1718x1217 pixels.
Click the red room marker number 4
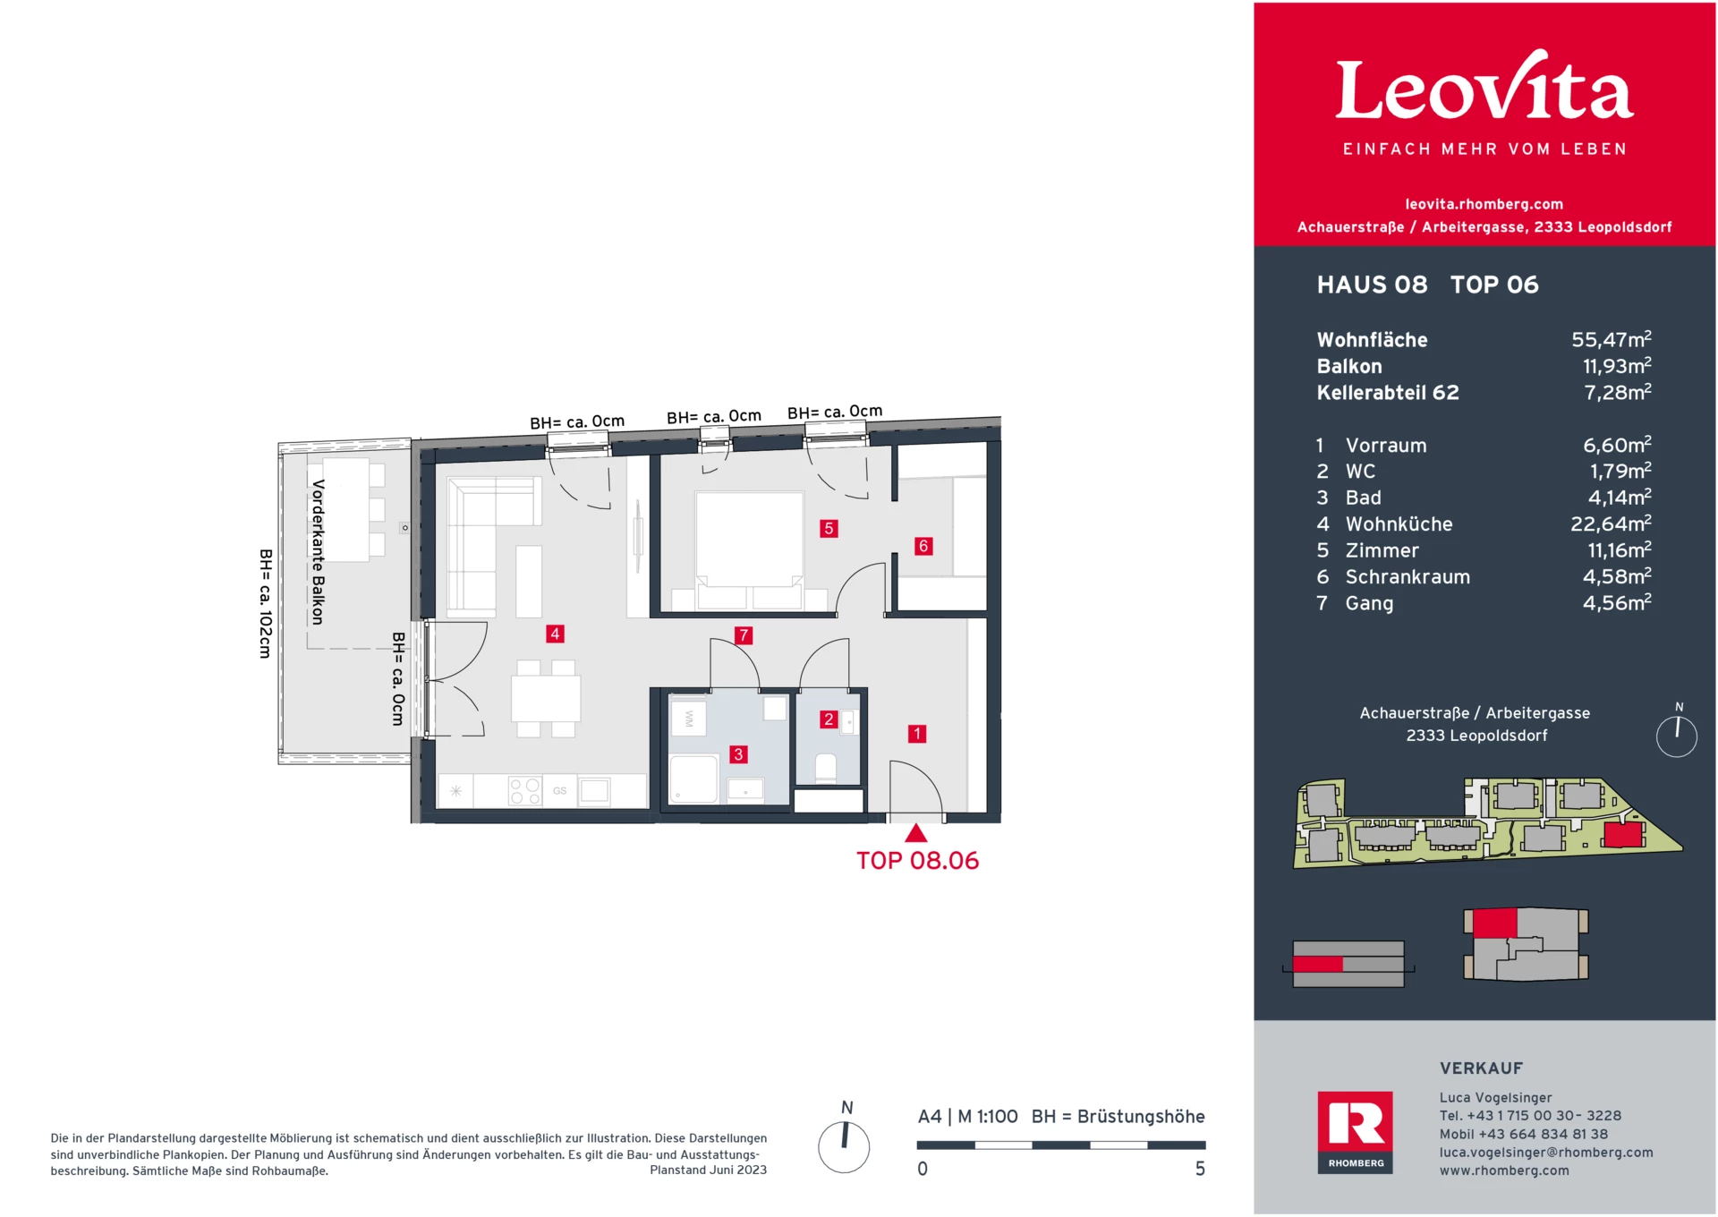tap(555, 634)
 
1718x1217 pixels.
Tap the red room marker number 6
tap(923, 546)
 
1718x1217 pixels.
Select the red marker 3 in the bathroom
tap(738, 754)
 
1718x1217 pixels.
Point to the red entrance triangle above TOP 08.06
tap(915, 834)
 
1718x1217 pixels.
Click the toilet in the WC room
tap(826, 768)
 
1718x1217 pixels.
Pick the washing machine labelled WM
tap(689, 719)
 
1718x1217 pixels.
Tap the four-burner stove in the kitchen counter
tap(524, 791)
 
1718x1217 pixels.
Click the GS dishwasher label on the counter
tap(559, 791)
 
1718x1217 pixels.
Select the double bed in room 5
tap(749, 546)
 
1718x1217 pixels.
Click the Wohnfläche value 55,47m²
tap(1611, 340)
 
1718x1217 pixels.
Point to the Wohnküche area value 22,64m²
tap(1611, 523)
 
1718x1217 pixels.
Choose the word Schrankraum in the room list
tap(1408, 577)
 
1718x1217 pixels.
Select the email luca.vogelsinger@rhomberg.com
tap(1545, 1153)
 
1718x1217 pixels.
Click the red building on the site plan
tap(1622, 835)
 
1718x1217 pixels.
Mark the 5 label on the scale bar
tap(1200, 1169)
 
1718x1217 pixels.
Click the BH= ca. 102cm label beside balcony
tap(265, 604)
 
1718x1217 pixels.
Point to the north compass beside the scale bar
tap(844, 1145)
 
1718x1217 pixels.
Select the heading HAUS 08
tap(1372, 285)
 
